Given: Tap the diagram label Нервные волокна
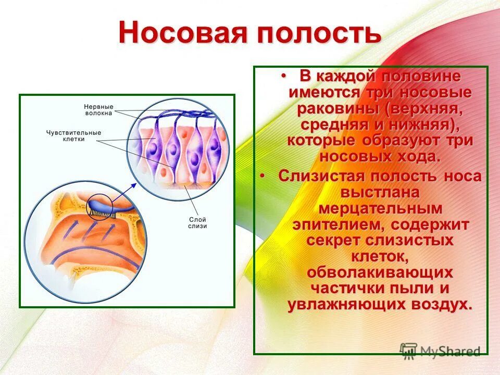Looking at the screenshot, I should click(x=99, y=109).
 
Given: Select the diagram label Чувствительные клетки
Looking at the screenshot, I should click(x=73, y=136).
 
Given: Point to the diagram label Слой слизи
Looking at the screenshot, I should click(x=197, y=222).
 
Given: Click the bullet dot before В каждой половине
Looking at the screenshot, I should click(x=284, y=76).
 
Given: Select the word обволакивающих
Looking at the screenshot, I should click(x=380, y=273).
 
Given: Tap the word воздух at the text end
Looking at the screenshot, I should click(x=437, y=305).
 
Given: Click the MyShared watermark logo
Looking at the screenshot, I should click(x=440, y=351).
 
